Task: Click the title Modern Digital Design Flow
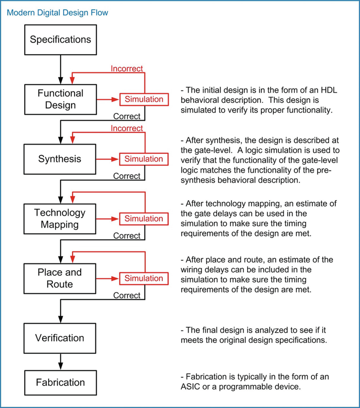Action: (x=57, y=12)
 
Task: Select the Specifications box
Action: (x=61, y=39)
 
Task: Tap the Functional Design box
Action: (x=61, y=99)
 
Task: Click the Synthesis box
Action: (x=61, y=159)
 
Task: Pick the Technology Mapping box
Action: (x=61, y=218)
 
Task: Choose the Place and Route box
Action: (x=61, y=278)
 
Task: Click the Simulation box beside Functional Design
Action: (x=144, y=99)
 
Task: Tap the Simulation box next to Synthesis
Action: (x=144, y=159)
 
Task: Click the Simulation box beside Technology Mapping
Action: (x=144, y=218)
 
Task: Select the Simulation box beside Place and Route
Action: (x=144, y=278)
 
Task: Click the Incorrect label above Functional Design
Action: (x=127, y=69)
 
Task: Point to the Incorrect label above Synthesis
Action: (x=127, y=129)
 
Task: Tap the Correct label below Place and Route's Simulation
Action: (x=127, y=295)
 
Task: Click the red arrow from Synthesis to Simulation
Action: (x=108, y=159)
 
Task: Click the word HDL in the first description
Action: (x=328, y=90)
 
